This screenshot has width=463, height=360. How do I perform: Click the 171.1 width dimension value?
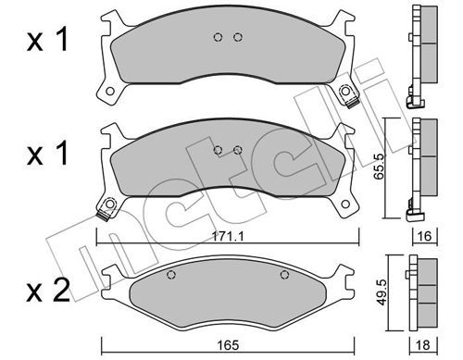pyautogui.click(x=228, y=237)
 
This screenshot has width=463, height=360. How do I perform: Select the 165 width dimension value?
pyautogui.click(x=229, y=345)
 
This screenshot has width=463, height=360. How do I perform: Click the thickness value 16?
pyautogui.click(x=425, y=236)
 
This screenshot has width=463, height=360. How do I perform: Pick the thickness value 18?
pyautogui.click(x=423, y=345)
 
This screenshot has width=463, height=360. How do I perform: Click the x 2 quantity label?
pyautogui.click(x=48, y=291)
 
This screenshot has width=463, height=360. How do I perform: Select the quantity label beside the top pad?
pyautogui.click(x=47, y=40)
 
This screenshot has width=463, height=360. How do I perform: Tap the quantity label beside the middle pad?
pyautogui.click(x=47, y=154)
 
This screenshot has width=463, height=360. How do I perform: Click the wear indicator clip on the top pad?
pyautogui.click(x=352, y=103)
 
